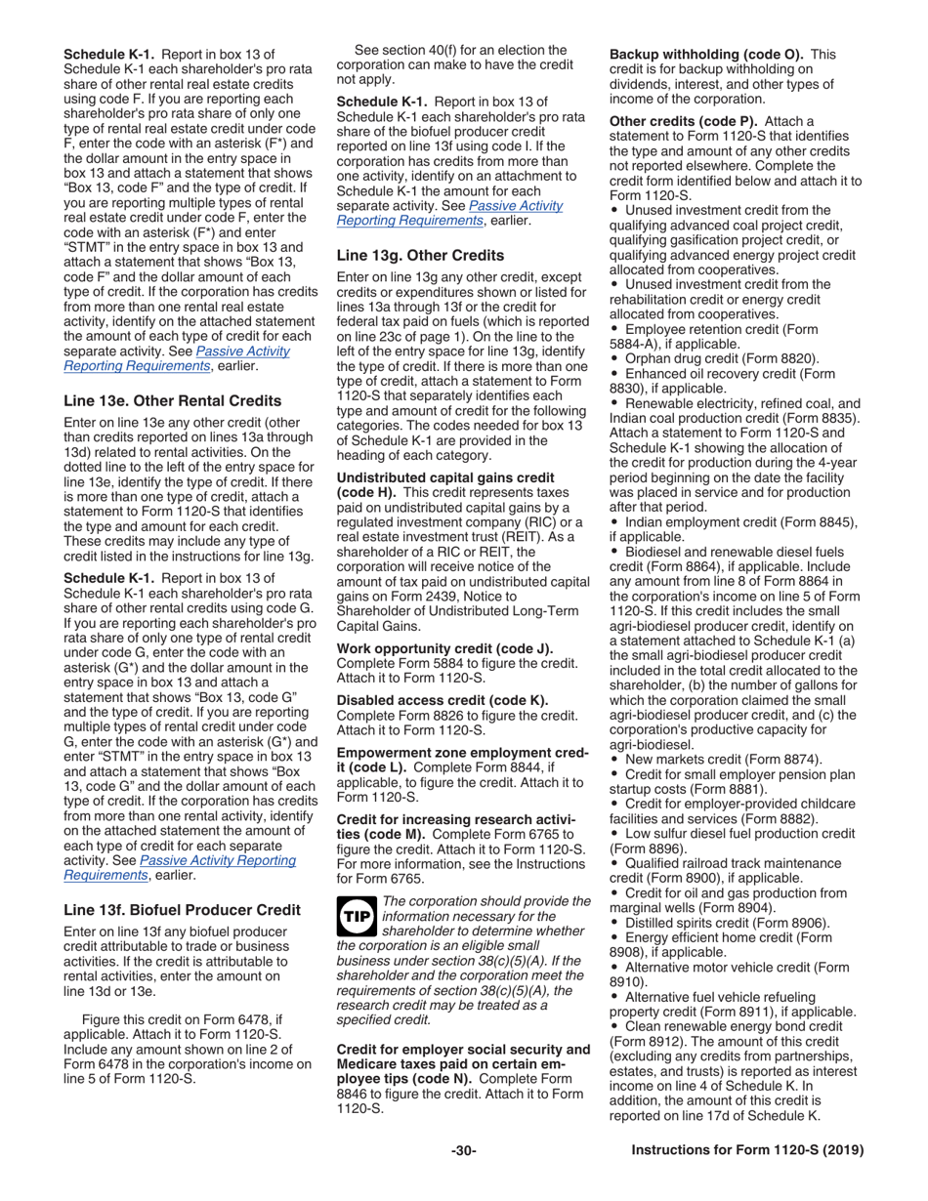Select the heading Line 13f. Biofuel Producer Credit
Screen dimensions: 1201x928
point(182,910)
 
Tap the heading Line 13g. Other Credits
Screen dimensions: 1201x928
point(420,255)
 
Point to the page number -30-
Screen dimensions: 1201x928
point(463,1150)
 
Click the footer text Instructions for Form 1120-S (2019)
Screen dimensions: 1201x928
point(747,1150)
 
